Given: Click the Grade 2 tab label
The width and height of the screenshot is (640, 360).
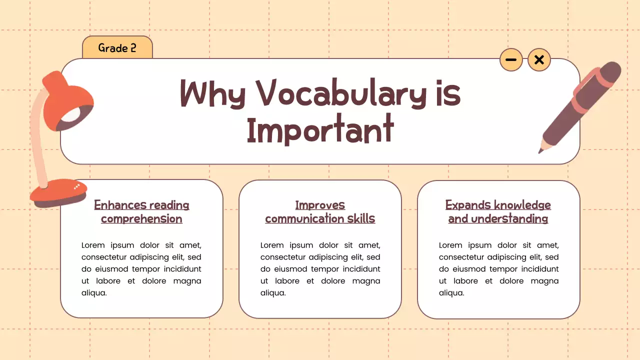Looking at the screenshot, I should click(x=117, y=48).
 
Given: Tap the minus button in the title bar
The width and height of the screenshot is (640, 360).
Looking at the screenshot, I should click(x=511, y=60).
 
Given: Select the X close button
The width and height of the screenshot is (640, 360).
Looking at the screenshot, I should click(x=539, y=60).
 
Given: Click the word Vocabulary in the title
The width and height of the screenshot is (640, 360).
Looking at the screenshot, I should click(x=340, y=94).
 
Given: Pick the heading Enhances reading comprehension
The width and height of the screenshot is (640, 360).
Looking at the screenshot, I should click(x=141, y=212).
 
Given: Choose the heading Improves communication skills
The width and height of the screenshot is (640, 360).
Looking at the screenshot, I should click(x=320, y=212).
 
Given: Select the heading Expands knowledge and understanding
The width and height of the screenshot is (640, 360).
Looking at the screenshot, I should click(x=498, y=212).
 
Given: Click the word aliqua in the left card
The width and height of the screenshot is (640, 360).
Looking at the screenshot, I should click(x=94, y=293).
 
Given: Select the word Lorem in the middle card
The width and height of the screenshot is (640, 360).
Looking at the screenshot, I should click(x=272, y=245).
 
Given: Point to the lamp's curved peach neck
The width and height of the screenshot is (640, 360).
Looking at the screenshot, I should click(x=36, y=140).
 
